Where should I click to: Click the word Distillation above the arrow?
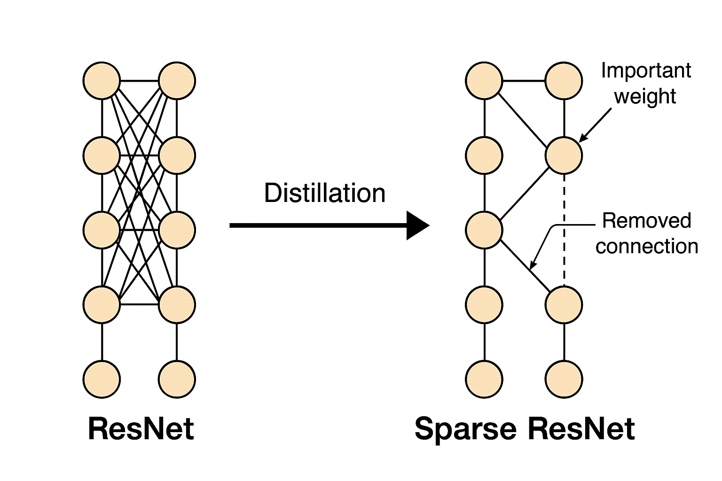point(324,193)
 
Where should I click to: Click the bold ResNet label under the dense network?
point(141,429)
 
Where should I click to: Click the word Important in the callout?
point(646,71)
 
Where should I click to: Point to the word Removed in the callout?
point(647,220)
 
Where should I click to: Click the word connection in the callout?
point(647,246)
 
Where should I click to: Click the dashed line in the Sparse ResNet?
point(564,230)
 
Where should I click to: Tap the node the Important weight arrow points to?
point(564,155)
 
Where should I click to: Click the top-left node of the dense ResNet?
point(102,81)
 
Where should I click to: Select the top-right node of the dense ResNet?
point(177,81)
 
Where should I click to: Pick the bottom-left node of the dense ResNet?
point(102,379)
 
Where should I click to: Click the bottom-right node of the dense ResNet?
point(177,379)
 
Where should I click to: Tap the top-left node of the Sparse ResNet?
point(484,81)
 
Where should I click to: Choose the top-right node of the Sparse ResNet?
point(564,81)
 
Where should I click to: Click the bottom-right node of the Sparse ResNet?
point(564,379)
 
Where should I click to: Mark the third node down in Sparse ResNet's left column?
point(484,230)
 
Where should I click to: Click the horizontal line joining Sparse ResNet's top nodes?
point(524,81)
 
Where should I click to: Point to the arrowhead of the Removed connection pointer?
point(532,267)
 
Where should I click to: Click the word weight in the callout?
point(645,96)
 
